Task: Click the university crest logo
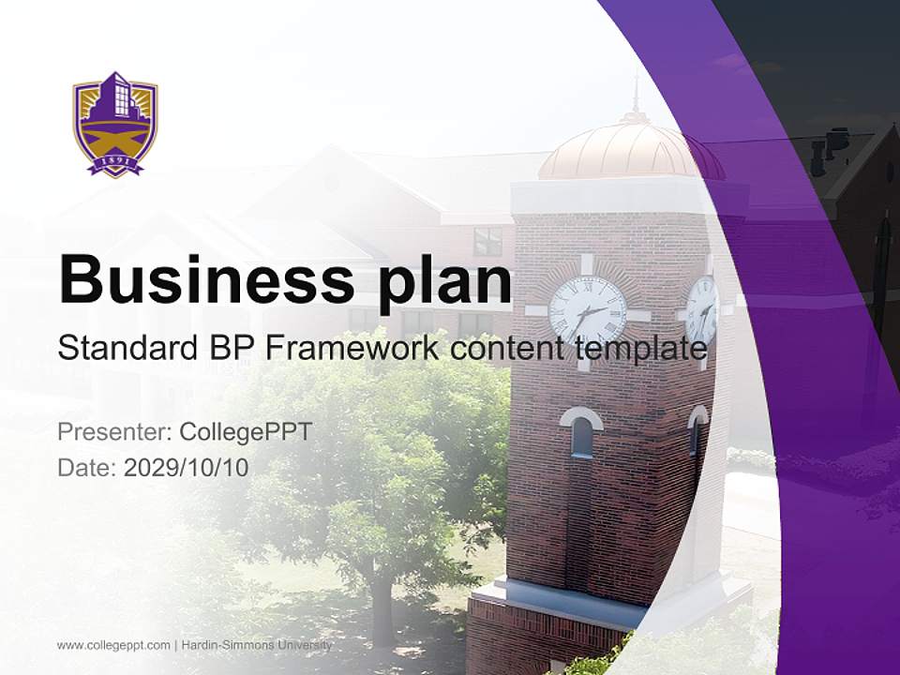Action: [x=115, y=123]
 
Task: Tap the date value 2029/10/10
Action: [x=186, y=467]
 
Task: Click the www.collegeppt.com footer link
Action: [x=113, y=645]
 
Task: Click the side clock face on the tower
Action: [x=702, y=309]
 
